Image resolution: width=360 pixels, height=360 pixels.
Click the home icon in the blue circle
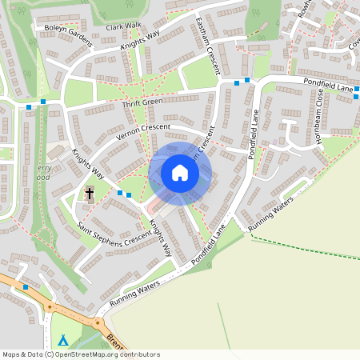(x=180, y=173)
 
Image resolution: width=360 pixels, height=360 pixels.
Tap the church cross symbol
(x=90, y=194)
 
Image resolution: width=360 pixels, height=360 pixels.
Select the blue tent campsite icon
(x=63, y=340)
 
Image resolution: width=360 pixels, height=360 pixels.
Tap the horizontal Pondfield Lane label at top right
(x=327, y=84)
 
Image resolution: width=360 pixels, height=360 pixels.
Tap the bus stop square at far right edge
(x=355, y=97)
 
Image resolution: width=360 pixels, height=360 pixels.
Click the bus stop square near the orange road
(x=26, y=286)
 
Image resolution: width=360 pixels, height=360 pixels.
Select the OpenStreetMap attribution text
(x=81, y=354)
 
